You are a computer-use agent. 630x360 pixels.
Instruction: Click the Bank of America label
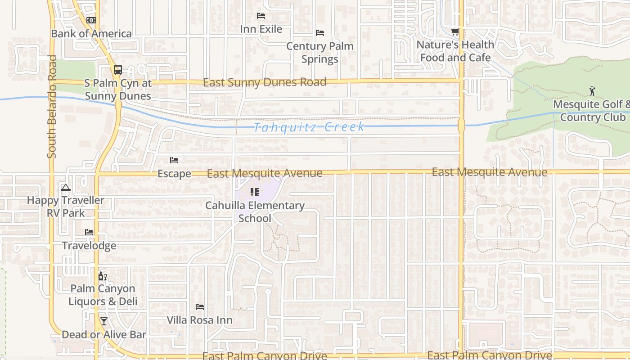coord(91,34)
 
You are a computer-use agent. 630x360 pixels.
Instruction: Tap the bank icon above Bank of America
coord(91,20)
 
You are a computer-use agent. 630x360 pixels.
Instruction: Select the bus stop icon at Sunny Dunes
coord(117,70)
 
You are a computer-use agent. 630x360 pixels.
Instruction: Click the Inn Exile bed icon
coord(261,16)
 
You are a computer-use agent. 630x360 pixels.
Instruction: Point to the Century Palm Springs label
coord(320,53)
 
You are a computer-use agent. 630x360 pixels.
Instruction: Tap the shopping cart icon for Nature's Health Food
coord(455,31)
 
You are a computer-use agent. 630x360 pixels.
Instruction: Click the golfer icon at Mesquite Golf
coord(592,91)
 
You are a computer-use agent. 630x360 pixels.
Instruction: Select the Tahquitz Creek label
coord(310,127)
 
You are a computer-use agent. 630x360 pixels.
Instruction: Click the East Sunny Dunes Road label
coord(265,82)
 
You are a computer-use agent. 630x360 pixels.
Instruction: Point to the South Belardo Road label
coord(52,107)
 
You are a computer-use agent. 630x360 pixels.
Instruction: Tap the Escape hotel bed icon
coord(174,160)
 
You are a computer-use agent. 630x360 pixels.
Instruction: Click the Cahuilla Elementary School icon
coord(255,192)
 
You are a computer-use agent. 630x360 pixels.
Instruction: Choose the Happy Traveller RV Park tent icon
coord(66,187)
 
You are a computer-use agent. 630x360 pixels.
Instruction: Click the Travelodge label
coord(89,246)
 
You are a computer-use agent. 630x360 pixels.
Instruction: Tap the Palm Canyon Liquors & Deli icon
coord(103,276)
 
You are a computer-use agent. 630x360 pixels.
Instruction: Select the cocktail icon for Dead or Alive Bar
coord(104,321)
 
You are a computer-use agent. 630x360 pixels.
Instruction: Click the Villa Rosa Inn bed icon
coord(200,307)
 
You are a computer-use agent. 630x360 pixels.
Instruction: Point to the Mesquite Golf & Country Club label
coord(591,111)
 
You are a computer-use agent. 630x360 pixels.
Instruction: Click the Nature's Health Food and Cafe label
coord(455,51)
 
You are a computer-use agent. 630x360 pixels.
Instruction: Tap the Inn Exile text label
coord(261,29)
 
